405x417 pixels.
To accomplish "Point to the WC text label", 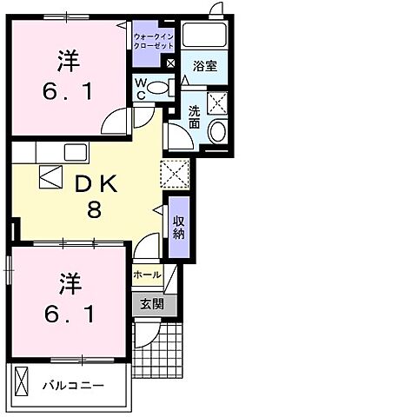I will pyautogui.click(x=139, y=89).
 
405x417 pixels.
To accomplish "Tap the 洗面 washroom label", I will pyautogui.click(x=194, y=117).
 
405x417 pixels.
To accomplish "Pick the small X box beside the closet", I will pyautogui.click(x=170, y=63).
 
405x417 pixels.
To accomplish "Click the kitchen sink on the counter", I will pyautogui.click(x=73, y=152).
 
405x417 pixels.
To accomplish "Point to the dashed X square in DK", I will pyautogui.click(x=174, y=174).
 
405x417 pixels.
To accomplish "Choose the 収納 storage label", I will pyautogui.click(x=178, y=228).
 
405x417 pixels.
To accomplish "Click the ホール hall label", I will pyautogui.click(x=147, y=275).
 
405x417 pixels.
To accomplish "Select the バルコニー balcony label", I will pyautogui.click(x=75, y=384).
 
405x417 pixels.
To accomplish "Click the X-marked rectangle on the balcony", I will pyautogui.click(x=23, y=382).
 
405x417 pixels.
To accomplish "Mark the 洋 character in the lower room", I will pyautogui.click(x=69, y=281).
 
